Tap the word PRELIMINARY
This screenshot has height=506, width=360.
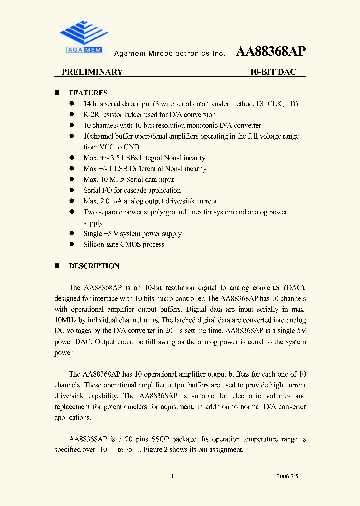click(x=92, y=72)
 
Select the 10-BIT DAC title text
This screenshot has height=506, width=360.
click(x=273, y=72)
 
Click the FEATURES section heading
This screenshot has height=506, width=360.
click(x=88, y=93)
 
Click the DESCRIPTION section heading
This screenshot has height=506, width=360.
click(x=94, y=266)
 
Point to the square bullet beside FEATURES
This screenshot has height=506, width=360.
click(x=57, y=93)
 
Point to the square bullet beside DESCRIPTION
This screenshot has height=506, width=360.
click(x=57, y=266)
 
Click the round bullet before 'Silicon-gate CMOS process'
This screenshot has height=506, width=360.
click(x=72, y=244)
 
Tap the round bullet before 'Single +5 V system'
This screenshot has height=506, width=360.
click(x=72, y=233)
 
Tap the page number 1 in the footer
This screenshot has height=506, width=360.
click(x=172, y=477)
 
